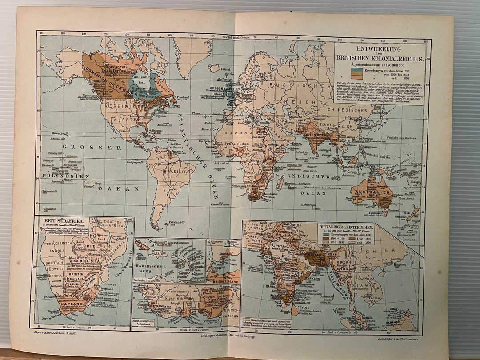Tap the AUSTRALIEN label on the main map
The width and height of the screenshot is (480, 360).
[x=372, y=192]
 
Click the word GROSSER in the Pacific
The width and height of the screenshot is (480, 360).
[x=79, y=147]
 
